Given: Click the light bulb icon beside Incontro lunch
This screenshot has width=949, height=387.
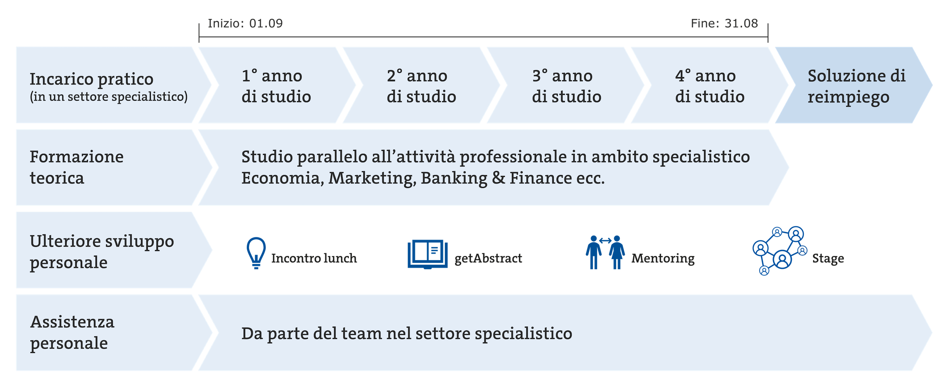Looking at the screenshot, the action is point(256,253).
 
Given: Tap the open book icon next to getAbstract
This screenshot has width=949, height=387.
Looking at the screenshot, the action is point(427,254).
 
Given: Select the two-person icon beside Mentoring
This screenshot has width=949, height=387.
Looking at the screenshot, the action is point(605,252).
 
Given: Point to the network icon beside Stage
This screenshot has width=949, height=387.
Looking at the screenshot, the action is point(780,251).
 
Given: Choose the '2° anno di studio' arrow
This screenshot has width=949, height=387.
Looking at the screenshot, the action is point(421,85).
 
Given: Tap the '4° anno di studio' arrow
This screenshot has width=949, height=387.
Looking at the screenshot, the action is point(710,85).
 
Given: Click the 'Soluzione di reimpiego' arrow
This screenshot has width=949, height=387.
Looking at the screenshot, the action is point(854,85).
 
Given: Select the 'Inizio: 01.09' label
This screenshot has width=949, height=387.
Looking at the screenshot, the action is point(245,24).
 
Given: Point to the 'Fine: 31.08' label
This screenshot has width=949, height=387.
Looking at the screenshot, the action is point(724,24).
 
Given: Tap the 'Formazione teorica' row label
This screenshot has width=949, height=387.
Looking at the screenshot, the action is point(77,167).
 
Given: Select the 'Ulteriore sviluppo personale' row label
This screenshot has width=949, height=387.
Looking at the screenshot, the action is point(102,252).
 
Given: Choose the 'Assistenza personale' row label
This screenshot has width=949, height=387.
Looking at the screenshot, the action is point(72,333).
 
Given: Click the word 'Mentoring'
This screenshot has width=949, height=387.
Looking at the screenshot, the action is point(663,259).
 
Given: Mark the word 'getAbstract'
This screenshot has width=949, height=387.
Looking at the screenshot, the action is point(488,258).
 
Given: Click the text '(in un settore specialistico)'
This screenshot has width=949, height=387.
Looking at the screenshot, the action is point(109,97).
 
